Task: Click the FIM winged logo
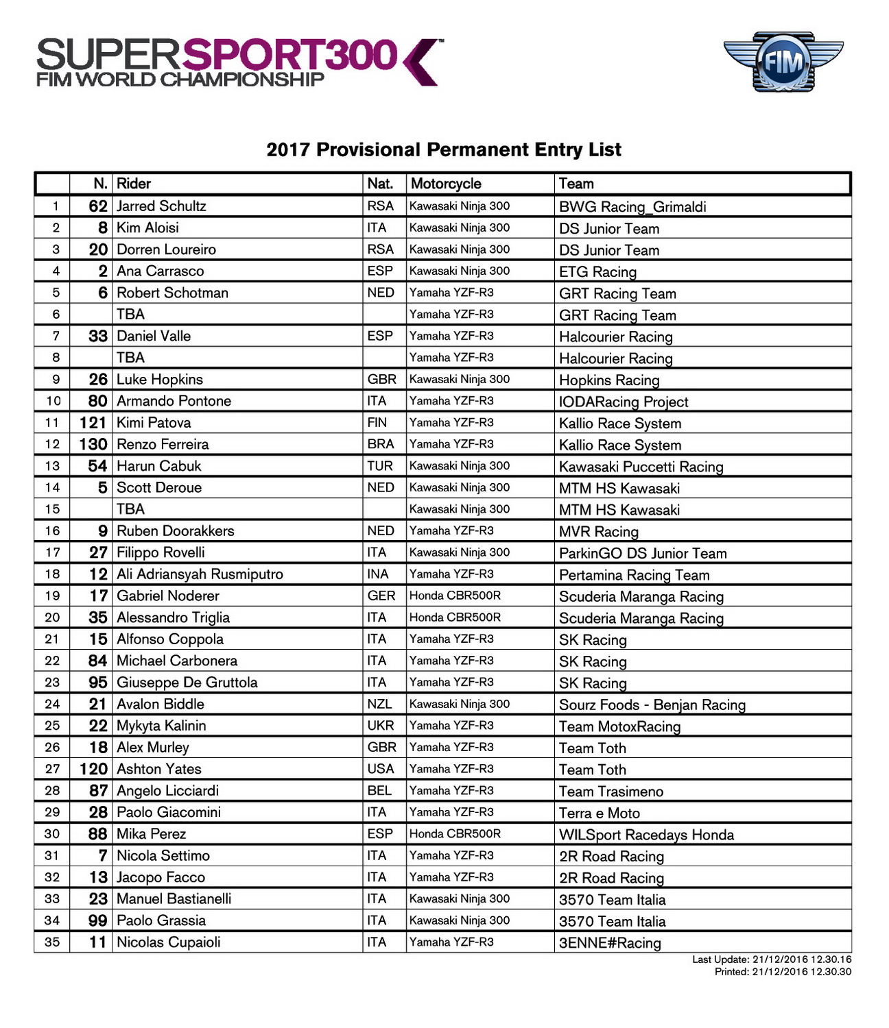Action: pyautogui.click(x=783, y=62)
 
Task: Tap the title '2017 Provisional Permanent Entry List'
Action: pyautogui.click(x=444, y=149)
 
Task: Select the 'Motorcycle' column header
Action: pyautogui.click(x=446, y=184)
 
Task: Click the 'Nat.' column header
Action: pyautogui.click(x=380, y=184)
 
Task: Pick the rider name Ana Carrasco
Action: pyautogui.click(x=160, y=271)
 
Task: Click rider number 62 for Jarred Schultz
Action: pyautogui.click(x=98, y=206)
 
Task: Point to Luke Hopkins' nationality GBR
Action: pyautogui.click(x=381, y=379)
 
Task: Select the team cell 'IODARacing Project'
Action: pyautogui.click(x=623, y=402)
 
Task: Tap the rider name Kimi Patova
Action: pyautogui.click(x=154, y=423)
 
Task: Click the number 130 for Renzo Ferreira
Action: pyautogui.click(x=93, y=444)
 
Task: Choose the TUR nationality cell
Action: pyautogui.click(x=380, y=466)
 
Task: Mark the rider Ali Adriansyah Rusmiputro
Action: pyautogui.click(x=200, y=574)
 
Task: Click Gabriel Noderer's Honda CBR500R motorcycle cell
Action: pyautogui.click(x=455, y=596)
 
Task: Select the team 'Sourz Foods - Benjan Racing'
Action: pyautogui.click(x=652, y=705)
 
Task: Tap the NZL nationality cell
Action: pyautogui.click(x=379, y=704)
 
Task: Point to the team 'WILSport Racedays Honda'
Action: pyautogui.click(x=646, y=835)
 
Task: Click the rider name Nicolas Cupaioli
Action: pyautogui.click(x=169, y=942)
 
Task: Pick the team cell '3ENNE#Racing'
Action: pyautogui.click(x=610, y=943)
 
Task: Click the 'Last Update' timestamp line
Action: pyautogui.click(x=771, y=959)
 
